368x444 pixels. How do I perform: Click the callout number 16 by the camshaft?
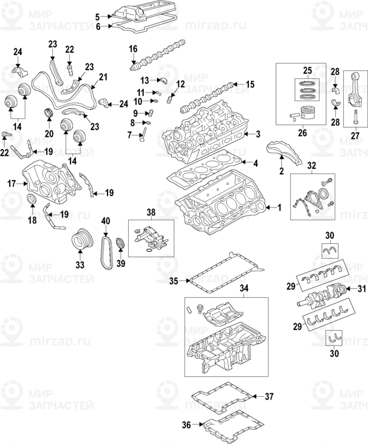tap(133, 50)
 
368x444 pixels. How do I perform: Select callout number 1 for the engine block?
tap(280, 207)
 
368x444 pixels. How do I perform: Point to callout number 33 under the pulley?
tap(79, 265)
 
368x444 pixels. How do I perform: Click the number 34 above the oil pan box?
tap(244, 288)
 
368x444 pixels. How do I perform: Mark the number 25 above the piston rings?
tap(307, 70)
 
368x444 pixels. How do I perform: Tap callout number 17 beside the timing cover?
tap(11, 184)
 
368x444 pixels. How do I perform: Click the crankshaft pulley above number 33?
tap(80, 241)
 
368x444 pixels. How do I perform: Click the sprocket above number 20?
tap(49, 112)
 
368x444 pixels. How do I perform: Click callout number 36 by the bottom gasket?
tap(186, 426)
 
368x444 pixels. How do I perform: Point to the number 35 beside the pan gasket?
tap(174, 281)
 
